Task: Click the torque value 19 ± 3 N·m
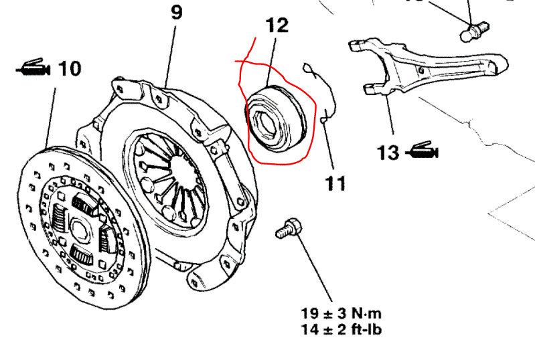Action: click(x=342, y=313)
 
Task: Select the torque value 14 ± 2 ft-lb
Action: click(x=342, y=329)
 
